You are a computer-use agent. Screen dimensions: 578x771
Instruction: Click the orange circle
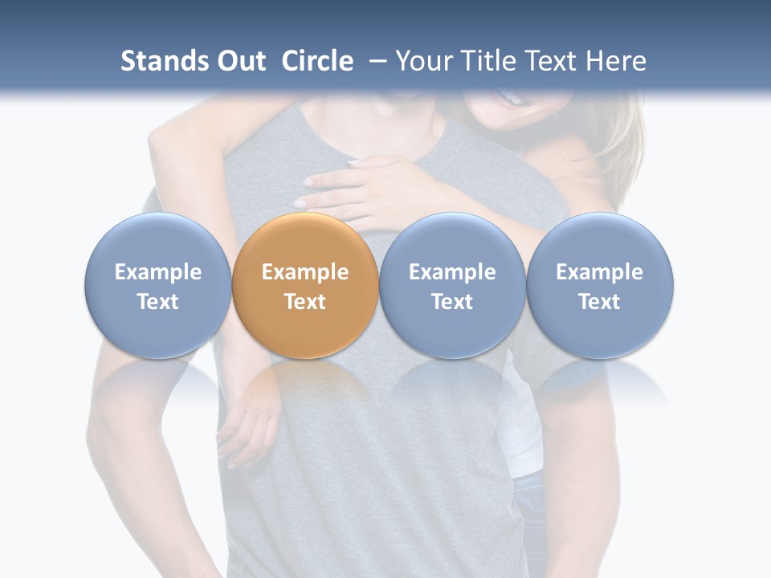(305, 286)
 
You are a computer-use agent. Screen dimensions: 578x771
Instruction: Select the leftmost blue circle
(158, 286)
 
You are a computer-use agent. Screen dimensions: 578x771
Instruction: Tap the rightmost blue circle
(600, 286)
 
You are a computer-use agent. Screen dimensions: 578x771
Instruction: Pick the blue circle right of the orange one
(452, 286)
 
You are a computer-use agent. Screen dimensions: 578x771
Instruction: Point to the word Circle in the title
(317, 61)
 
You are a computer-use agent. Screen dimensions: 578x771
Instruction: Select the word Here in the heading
(615, 61)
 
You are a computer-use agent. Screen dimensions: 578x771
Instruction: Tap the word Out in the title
(239, 61)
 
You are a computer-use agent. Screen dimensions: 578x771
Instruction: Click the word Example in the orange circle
(305, 272)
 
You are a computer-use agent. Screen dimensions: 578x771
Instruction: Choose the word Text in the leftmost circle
(158, 302)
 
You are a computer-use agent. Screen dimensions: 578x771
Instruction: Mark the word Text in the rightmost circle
(600, 302)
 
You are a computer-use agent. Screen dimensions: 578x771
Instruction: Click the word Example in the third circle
(452, 272)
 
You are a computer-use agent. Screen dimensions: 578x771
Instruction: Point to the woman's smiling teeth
(512, 99)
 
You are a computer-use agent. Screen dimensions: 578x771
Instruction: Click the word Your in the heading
(422, 61)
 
